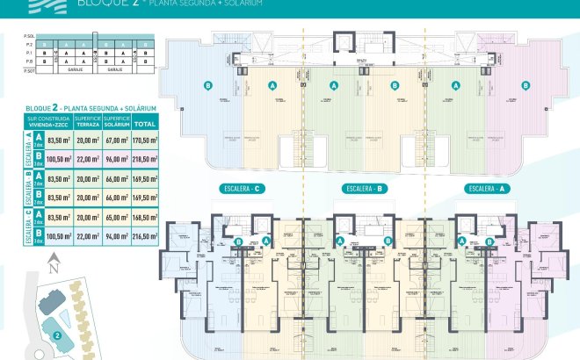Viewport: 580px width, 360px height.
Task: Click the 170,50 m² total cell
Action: point(144,140)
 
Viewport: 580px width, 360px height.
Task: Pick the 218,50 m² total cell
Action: point(144,160)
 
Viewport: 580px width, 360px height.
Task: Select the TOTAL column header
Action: point(144,121)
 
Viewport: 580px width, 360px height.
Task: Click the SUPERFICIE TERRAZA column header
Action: point(88,121)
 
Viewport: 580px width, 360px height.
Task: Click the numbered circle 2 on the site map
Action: point(55,334)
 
